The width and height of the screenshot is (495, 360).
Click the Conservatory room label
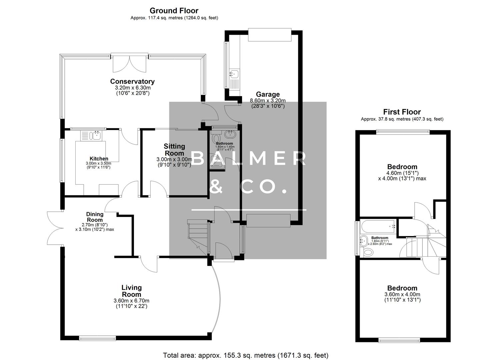(x=132, y=81)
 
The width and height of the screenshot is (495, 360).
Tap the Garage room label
(x=268, y=94)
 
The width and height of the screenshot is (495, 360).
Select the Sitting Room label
(x=174, y=150)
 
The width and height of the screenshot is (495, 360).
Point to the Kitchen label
(x=99, y=159)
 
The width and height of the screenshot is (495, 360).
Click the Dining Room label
(x=95, y=217)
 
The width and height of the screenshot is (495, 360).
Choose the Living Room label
(x=131, y=291)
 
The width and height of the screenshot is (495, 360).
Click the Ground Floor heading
(x=174, y=11)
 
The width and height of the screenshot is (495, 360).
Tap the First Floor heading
(x=402, y=112)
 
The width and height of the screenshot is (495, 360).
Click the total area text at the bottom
(x=245, y=355)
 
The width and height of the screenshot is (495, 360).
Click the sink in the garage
(x=234, y=74)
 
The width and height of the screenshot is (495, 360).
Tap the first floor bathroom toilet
(x=368, y=252)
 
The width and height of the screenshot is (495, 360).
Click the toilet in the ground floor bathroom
(x=216, y=137)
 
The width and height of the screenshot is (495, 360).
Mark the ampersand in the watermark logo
(x=217, y=187)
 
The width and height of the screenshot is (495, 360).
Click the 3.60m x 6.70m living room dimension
(x=131, y=301)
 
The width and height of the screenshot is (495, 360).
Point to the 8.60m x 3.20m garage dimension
(x=268, y=101)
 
